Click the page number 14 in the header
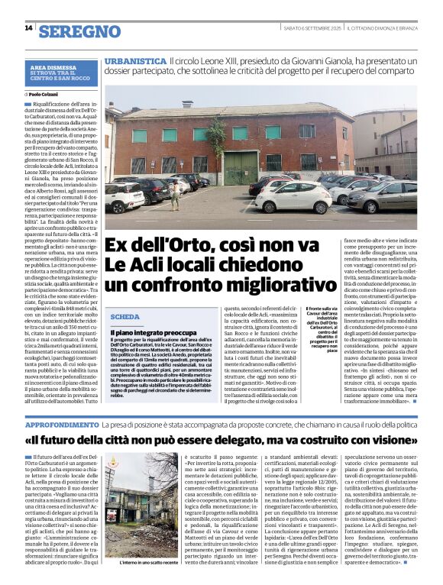[28, 28]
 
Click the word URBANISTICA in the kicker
[135, 60]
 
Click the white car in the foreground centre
[293, 197]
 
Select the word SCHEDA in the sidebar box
[125, 316]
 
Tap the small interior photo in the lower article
[144, 504]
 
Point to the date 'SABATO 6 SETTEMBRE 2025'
[310, 28]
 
